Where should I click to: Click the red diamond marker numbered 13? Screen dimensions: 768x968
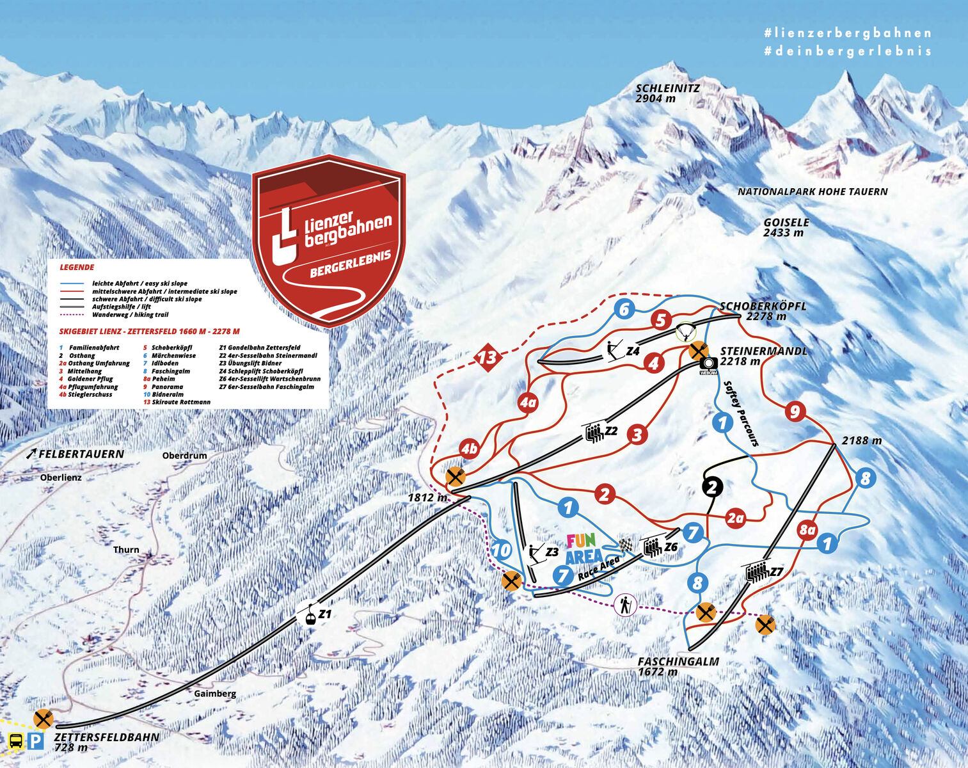tap(488, 357)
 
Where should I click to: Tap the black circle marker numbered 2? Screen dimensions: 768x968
tap(712, 487)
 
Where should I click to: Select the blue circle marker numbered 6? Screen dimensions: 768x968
tap(624, 310)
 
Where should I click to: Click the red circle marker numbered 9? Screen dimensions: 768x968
tap(795, 411)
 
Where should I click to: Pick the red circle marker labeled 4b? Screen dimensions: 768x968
tap(470, 449)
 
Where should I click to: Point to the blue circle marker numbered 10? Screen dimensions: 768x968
tap(502, 550)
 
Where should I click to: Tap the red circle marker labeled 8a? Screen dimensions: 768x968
tap(807, 530)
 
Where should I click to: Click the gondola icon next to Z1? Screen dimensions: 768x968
tap(309, 615)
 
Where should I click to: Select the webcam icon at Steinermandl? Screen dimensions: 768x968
tap(709, 364)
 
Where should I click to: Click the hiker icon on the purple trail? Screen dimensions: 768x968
tap(625, 604)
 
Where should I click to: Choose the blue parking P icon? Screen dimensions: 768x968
tap(36, 741)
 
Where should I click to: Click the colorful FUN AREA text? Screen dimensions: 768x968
tap(582, 548)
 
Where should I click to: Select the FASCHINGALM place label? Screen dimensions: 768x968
tap(678, 662)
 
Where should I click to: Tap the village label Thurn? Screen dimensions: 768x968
tap(126, 550)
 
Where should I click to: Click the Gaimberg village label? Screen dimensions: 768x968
tap(215, 694)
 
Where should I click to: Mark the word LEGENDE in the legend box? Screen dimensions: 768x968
tap(77, 268)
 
